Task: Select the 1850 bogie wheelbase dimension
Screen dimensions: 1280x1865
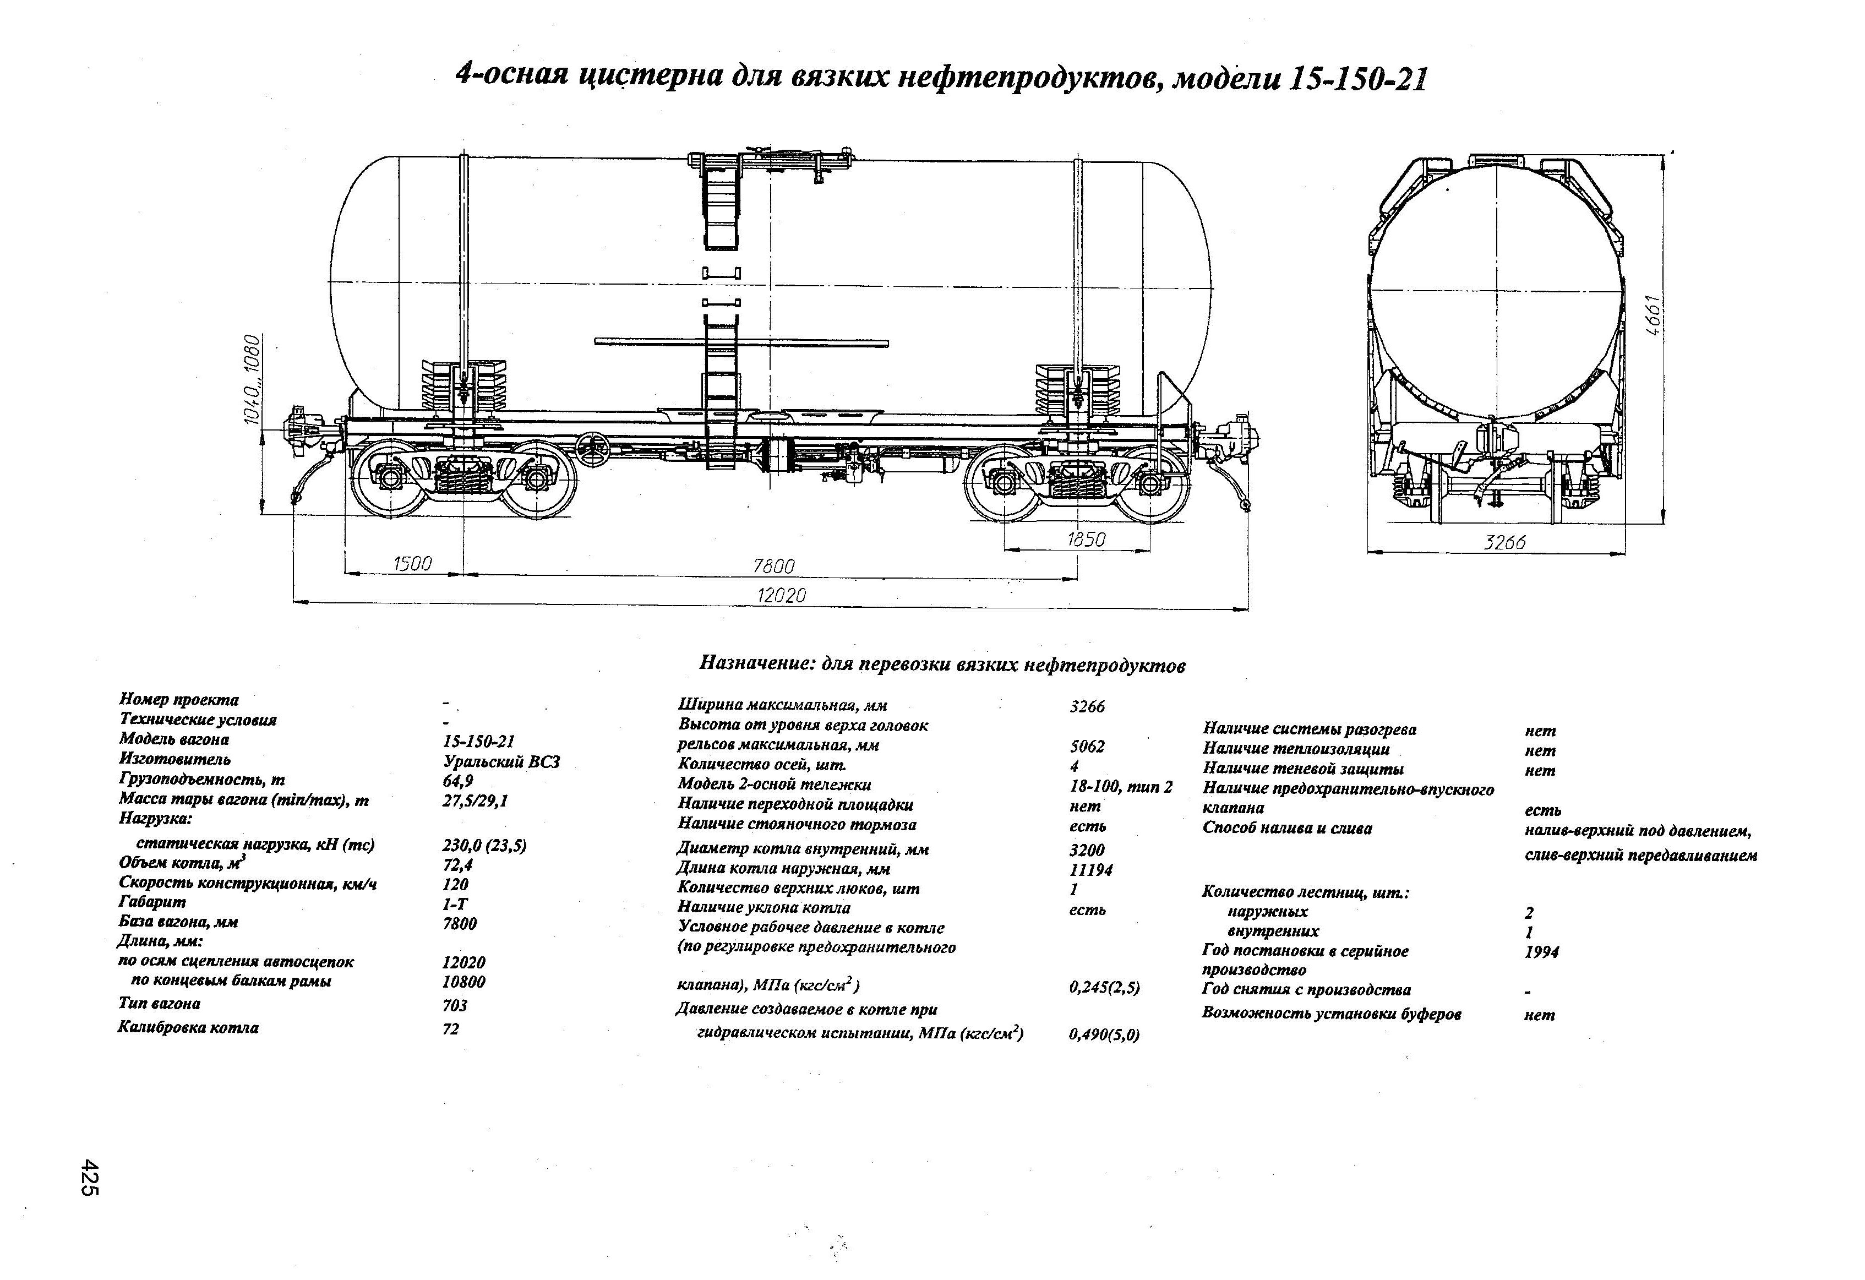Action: coord(1087,540)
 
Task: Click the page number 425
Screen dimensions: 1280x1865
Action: coord(89,1178)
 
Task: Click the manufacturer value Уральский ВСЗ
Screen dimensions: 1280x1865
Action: coord(501,761)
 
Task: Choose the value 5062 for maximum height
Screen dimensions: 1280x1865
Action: coord(1087,747)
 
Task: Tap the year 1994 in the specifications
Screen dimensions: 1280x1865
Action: coord(1541,952)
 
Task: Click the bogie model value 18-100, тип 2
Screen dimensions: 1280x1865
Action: coord(1120,787)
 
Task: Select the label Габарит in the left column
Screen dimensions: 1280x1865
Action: coord(152,902)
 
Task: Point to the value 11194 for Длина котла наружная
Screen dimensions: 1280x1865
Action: coord(1092,870)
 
